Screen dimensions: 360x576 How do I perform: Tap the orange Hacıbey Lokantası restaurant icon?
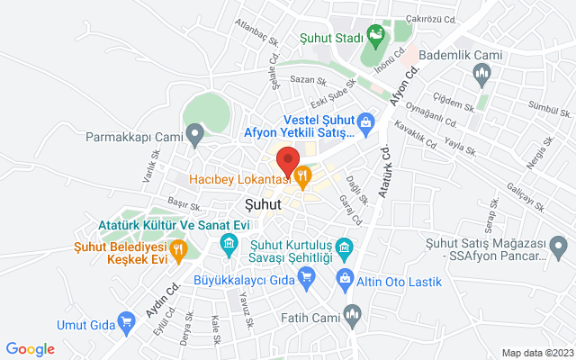[303, 177]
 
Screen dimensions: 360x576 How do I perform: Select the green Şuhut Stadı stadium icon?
[376, 37]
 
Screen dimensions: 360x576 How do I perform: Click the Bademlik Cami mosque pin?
[482, 76]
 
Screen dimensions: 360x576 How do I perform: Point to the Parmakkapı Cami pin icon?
[194, 137]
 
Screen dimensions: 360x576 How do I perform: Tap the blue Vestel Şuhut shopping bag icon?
[365, 121]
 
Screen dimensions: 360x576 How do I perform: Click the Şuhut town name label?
[263, 204]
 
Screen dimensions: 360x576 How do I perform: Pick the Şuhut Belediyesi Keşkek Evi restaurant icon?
[178, 248]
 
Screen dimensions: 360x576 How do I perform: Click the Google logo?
[31, 349]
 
